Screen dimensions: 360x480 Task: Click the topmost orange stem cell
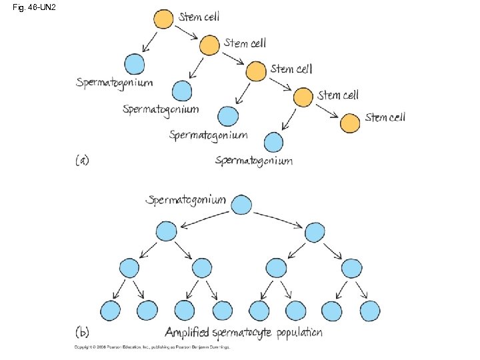point(163,19)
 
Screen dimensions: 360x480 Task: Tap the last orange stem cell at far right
point(350,123)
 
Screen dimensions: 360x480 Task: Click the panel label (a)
point(82,160)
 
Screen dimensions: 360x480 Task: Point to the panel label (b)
point(82,331)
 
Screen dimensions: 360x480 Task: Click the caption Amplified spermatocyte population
point(243,332)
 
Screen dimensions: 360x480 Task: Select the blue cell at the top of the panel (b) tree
point(241,205)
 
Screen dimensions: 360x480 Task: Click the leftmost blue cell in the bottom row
point(110,310)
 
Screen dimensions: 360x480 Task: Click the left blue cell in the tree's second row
point(166,231)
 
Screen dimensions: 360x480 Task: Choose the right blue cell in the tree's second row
point(315,231)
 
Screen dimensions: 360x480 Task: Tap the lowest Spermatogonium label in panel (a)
point(254,161)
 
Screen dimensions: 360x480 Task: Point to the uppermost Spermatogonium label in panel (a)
point(114,83)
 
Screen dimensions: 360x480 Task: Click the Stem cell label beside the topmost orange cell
point(199,17)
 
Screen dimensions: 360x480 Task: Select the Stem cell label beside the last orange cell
point(385,117)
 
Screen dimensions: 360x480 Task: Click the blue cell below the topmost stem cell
point(135,64)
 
